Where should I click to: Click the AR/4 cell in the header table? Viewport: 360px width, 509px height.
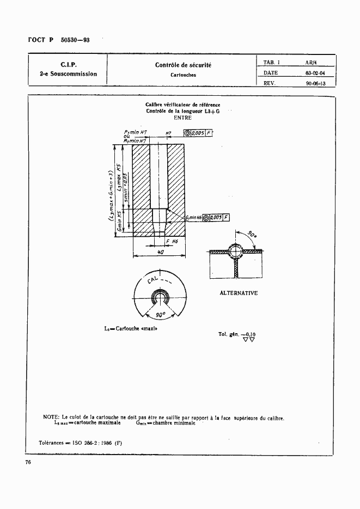[312, 63]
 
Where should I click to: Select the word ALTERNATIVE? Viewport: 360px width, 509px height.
[238, 293]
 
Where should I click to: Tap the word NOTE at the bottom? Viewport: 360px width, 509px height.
[52, 418]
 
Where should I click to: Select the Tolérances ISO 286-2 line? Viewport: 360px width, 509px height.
[81, 442]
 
